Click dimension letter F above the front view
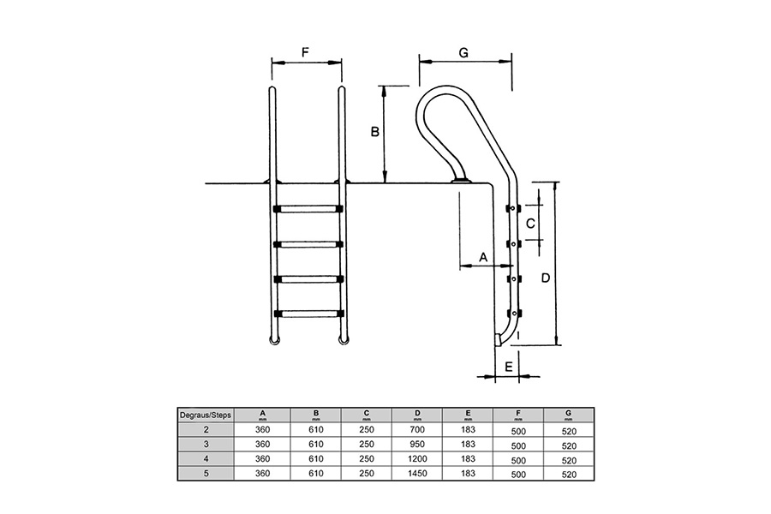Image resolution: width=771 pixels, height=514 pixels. (x=305, y=52)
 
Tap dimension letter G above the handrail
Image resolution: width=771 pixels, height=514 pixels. (x=463, y=52)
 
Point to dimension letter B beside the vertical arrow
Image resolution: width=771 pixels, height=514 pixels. (x=374, y=132)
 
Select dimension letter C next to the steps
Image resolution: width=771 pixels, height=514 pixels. (x=530, y=224)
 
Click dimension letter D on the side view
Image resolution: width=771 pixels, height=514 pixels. (x=546, y=278)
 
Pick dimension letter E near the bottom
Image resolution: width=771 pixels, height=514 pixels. (x=508, y=367)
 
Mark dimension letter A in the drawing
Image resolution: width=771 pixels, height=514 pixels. (x=483, y=257)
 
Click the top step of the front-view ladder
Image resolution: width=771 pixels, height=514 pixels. (x=308, y=209)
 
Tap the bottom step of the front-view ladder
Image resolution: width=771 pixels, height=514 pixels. (x=308, y=314)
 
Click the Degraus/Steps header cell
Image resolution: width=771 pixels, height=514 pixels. (x=205, y=415)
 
